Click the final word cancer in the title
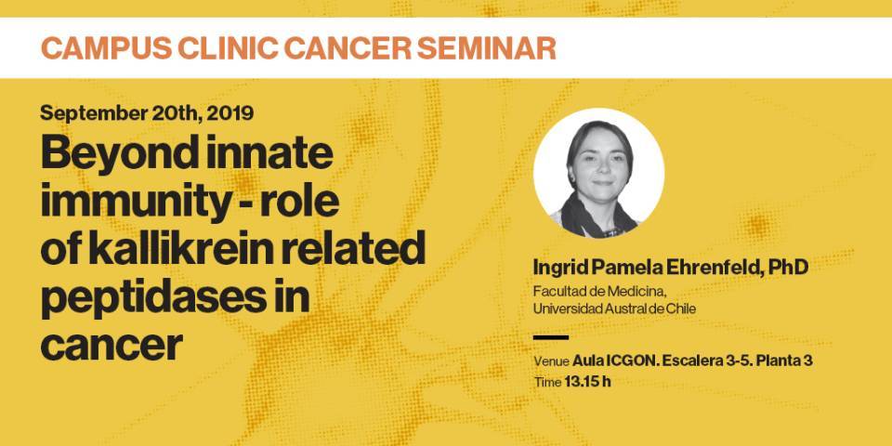tap(111, 346)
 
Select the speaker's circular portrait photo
tap(598, 174)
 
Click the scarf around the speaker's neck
tap(597, 217)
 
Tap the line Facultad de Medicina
tap(599, 292)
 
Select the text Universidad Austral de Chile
tap(614, 308)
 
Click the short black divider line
tap(551, 337)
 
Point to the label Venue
tap(551, 361)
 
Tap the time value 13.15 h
tap(587, 381)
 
